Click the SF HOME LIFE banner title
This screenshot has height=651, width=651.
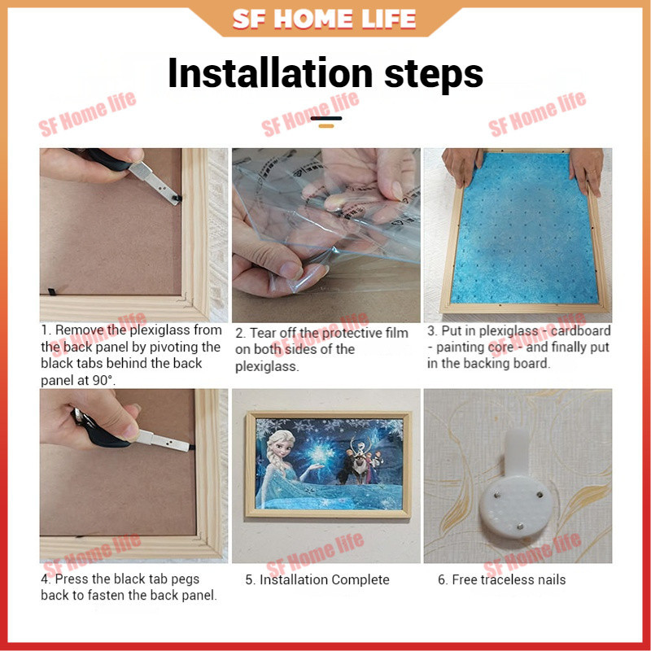click(x=324, y=19)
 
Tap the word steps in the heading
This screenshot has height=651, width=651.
click(x=434, y=76)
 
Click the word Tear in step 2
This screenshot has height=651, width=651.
click(x=263, y=333)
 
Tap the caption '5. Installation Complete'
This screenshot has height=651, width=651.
click(x=317, y=579)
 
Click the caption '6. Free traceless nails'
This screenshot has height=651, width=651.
click(x=501, y=579)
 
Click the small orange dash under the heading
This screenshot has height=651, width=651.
click(x=326, y=126)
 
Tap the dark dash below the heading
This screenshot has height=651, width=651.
click(x=326, y=118)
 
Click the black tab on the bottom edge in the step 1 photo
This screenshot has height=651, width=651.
click(x=52, y=292)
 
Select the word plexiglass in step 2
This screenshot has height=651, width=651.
click(x=267, y=367)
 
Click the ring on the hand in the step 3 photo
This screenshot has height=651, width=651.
click(x=589, y=172)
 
